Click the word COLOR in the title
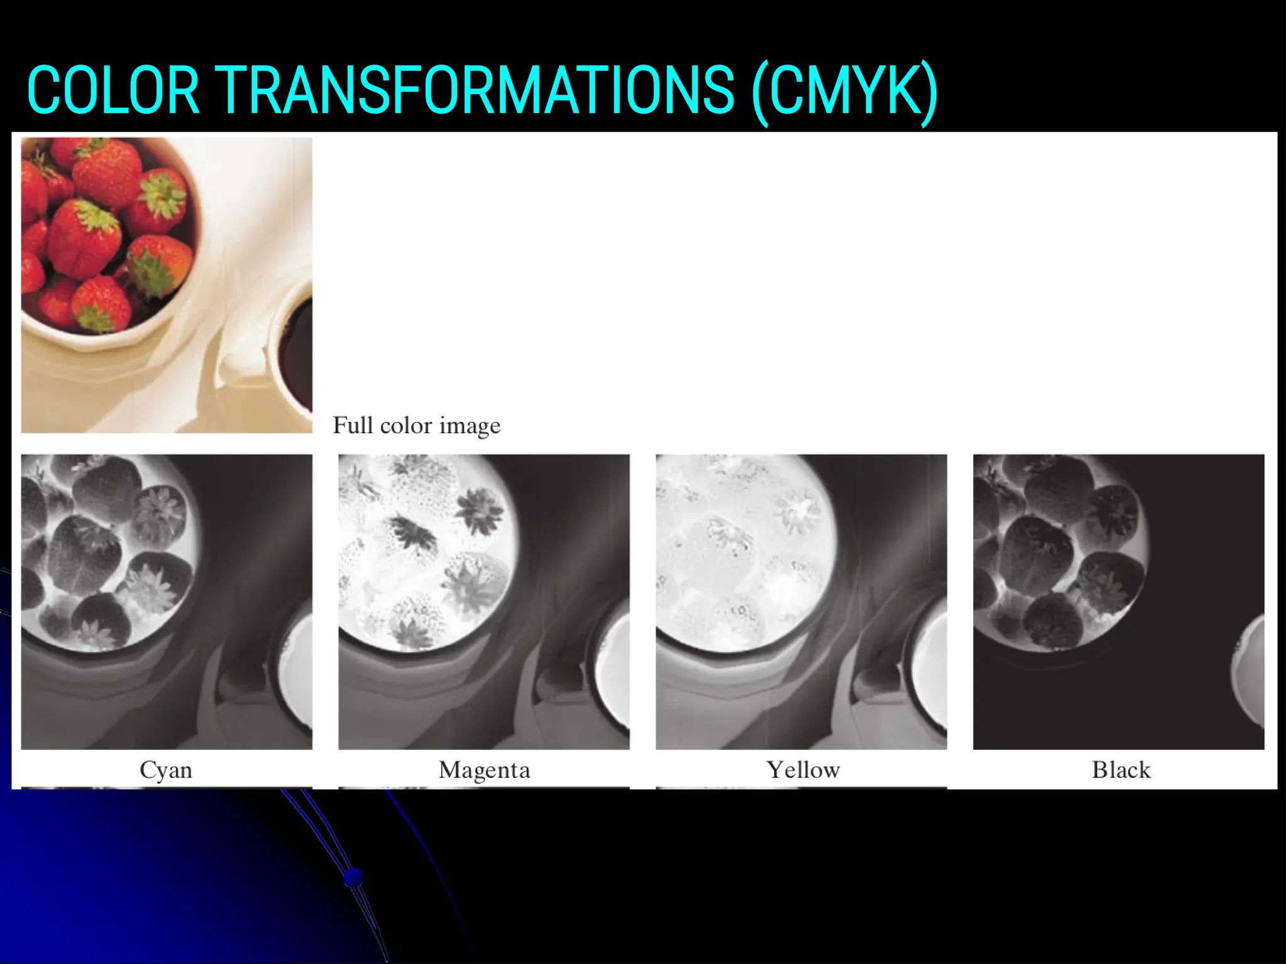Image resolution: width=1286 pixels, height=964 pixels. [113, 92]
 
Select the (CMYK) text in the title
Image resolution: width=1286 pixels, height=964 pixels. [845, 93]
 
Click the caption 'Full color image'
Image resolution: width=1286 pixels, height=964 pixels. [416, 426]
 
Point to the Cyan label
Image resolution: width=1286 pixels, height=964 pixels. [166, 770]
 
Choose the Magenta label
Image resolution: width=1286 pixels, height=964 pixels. [484, 770]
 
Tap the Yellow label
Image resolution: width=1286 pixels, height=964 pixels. [802, 770]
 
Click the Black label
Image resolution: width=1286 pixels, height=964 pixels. [1121, 770]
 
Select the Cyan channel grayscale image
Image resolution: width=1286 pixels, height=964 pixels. [166, 601]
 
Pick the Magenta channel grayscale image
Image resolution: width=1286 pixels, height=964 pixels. [484, 601]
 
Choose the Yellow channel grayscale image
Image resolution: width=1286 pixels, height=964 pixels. [801, 601]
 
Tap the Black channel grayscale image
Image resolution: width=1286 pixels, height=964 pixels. [1118, 601]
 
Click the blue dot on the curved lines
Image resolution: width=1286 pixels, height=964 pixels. [354, 876]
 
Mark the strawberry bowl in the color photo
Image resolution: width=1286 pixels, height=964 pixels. [107, 238]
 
